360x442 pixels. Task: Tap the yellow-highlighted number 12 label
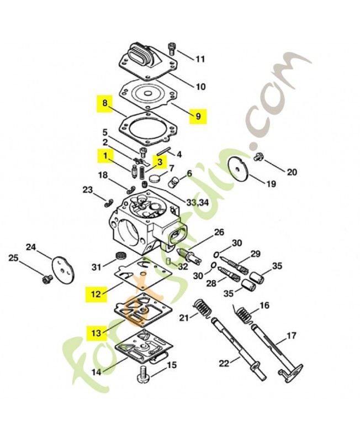point(96,294)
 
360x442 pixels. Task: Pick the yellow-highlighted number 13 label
point(96,333)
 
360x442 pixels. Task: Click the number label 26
point(219,231)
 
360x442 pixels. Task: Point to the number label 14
point(96,372)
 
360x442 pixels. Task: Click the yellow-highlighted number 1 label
point(104,156)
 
